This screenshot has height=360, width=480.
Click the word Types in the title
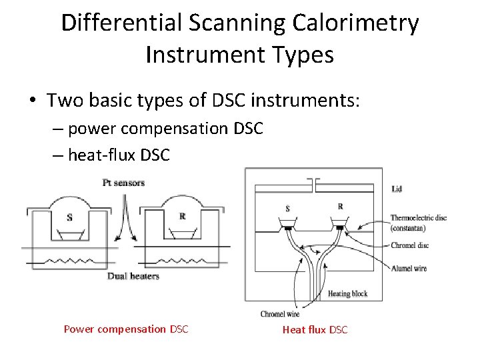pos(301,55)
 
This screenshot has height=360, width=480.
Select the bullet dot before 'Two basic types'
pos(33,101)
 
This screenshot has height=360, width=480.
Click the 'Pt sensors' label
pos(124,183)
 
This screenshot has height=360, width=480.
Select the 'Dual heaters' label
pos(133,276)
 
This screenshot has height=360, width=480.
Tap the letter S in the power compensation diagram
pos(70,217)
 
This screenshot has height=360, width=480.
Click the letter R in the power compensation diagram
pos(183,216)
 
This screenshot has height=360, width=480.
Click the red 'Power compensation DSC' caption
pos(126,329)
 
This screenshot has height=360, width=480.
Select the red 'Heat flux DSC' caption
pos(315,329)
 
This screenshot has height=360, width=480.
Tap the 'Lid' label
pos(397,189)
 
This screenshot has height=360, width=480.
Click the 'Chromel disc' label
pos(409,245)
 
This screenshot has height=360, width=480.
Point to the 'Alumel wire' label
pos(409,268)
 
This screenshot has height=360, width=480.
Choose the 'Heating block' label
pos(347,294)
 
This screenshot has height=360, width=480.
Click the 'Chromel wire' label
pos(279,313)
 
